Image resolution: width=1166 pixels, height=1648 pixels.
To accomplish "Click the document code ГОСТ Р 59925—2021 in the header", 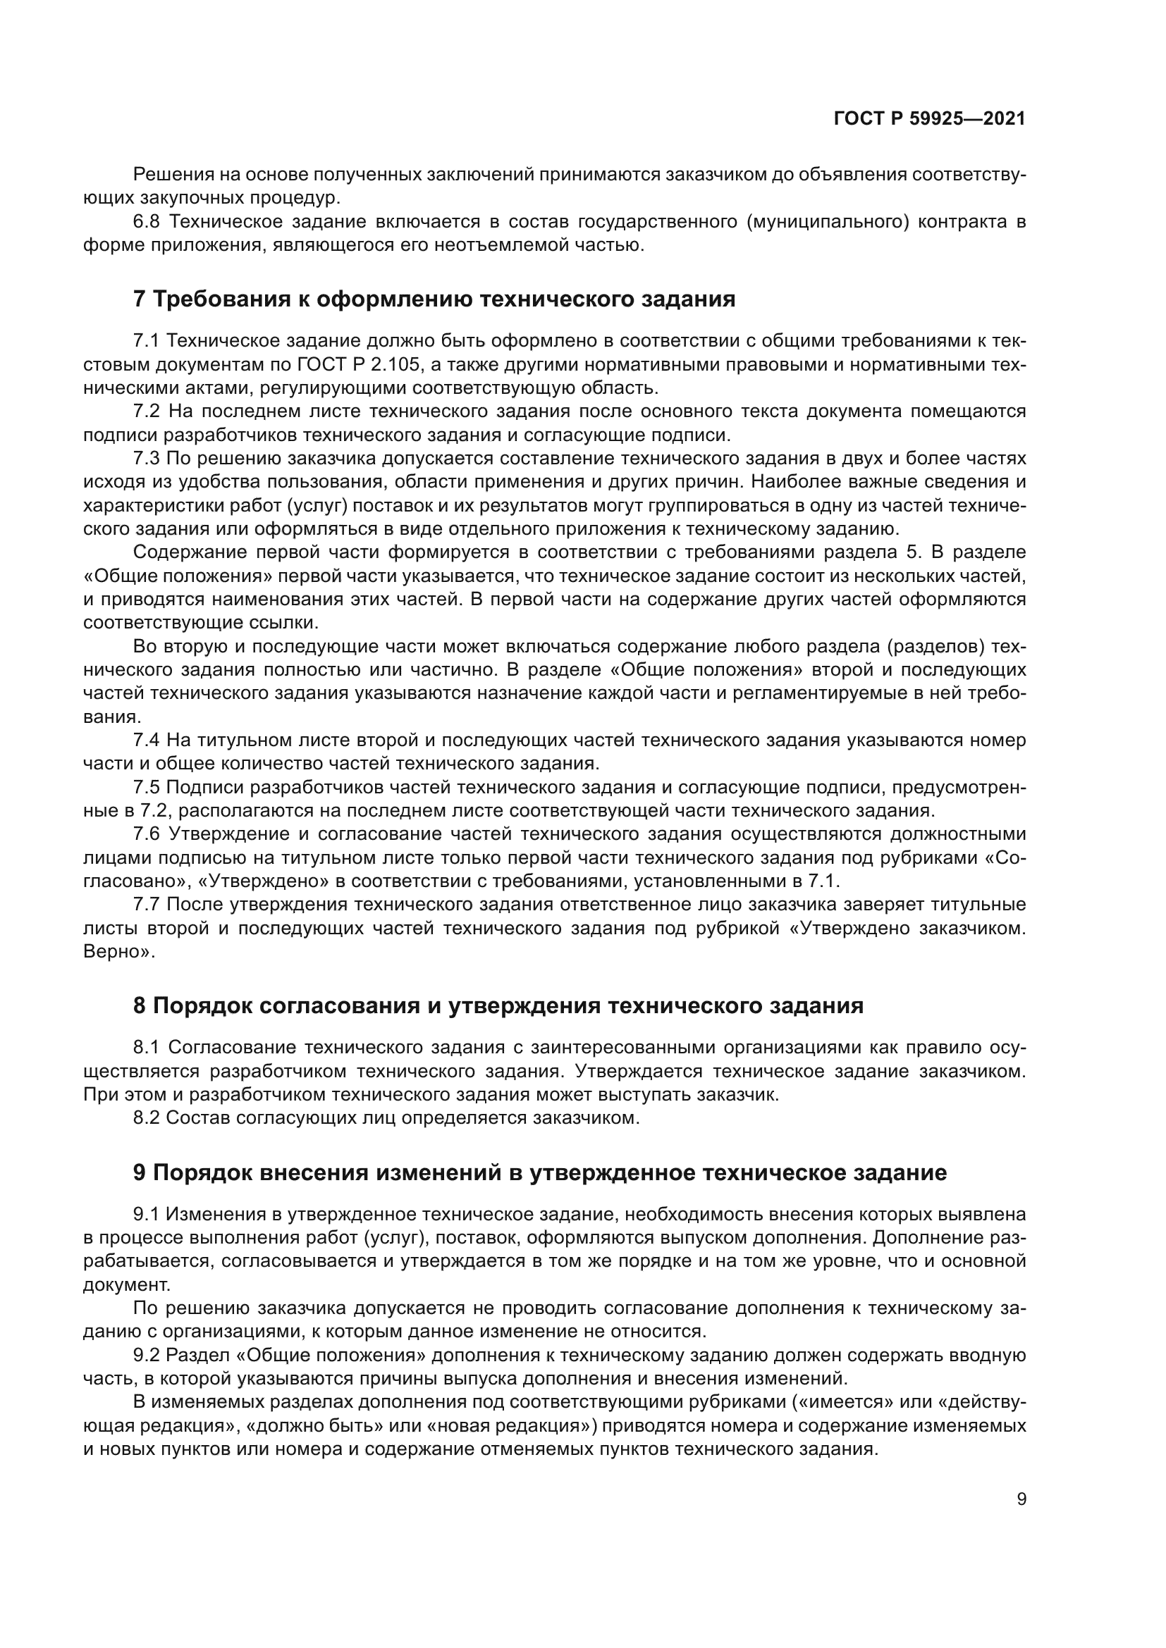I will pos(929,119).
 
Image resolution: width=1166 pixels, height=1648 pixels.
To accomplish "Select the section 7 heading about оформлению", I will pos(434,299).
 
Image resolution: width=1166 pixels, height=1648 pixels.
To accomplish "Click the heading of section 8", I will pos(498,1005).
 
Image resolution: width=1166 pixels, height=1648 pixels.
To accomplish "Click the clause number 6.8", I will pos(147,222).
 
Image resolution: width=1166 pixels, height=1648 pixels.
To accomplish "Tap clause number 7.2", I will pos(147,411).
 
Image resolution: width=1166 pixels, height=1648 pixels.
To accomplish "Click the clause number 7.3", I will pos(147,458).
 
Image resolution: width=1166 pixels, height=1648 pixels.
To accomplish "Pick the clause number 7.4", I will pos(147,740).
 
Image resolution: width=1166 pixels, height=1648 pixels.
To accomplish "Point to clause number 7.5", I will pos(147,788).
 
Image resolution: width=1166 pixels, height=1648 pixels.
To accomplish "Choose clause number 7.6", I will pos(147,834).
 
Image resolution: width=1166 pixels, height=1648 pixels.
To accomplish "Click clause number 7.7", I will pos(147,905).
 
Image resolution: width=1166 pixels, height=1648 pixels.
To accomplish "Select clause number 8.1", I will pos(147,1048).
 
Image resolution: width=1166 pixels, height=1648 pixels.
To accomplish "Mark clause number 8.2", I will pos(147,1118).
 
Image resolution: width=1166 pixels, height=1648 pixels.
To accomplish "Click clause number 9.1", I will pos(147,1215).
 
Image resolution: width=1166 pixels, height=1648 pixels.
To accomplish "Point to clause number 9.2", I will pos(147,1355).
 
